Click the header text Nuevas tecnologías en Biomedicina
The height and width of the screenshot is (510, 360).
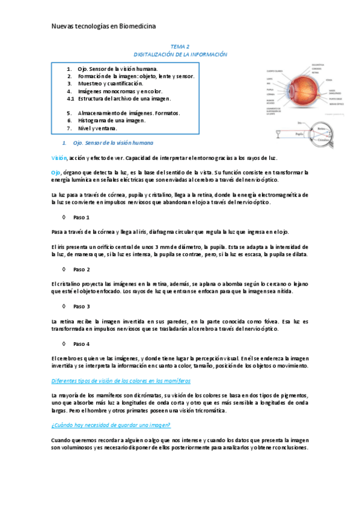[103, 27]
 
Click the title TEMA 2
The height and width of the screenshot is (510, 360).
[180, 46]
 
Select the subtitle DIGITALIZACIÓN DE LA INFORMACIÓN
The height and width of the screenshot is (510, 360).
[180, 54]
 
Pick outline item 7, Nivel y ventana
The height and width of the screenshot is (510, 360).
[97, 128]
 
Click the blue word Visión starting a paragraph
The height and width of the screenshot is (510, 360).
[59, 158]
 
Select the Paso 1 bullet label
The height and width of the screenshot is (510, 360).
[81, 217]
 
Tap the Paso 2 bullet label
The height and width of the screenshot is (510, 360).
[81, 269]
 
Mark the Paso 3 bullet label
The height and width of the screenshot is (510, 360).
[81, 307]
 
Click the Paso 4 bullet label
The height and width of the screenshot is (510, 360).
[81, 344]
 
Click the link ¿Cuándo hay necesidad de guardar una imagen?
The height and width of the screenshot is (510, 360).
[111, 425]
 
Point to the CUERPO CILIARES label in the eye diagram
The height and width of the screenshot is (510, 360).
[276, 70]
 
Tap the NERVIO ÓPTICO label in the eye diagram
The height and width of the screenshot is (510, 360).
[337, 104]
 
